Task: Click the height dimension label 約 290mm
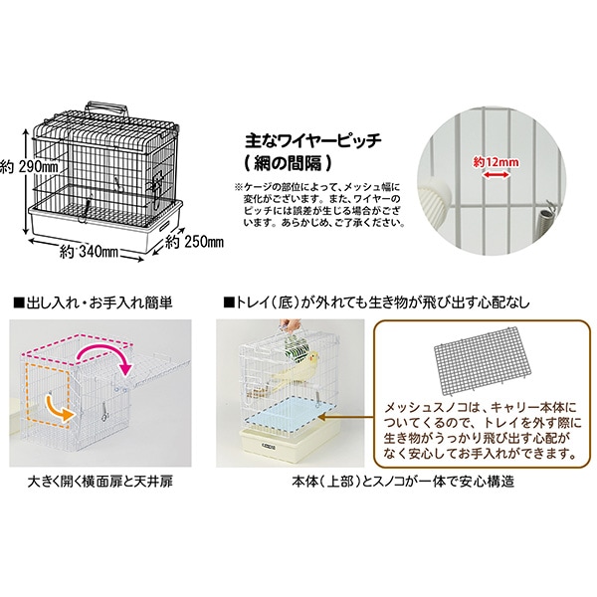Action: pos(29,167)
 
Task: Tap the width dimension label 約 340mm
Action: pos(90,252)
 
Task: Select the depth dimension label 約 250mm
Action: pos(195,242)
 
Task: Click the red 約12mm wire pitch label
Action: pos(496,162)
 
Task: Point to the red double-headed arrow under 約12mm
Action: pos(496,175)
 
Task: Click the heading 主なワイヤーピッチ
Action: pos(313,141)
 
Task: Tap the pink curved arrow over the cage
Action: pos(104,357)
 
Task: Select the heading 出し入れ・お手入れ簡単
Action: pos(94,303)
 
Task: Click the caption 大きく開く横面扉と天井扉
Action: pos(100,482)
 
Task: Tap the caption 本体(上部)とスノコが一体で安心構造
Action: pos(403,482)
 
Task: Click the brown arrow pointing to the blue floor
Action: pos(346,417)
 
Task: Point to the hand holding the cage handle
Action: pos(291,325)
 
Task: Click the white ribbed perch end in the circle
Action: pos(435,196)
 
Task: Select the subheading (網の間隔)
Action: pos(288,164)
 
